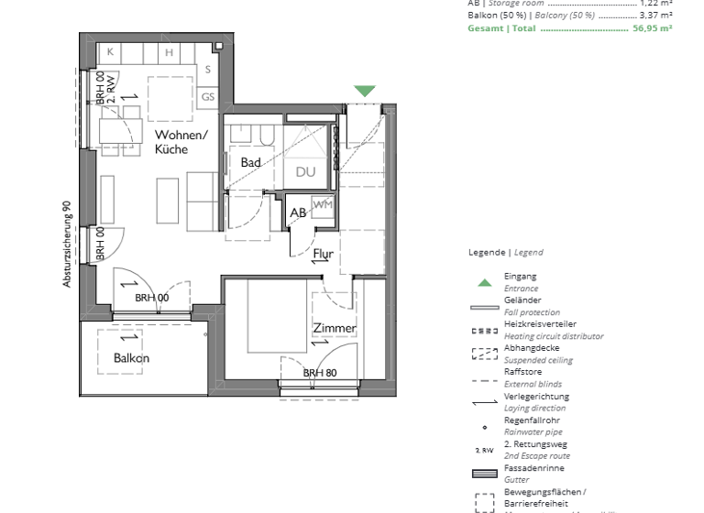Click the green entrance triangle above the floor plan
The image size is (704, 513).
point(365,91)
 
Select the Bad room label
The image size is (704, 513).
point(250,162)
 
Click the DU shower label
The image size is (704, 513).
point(304,171)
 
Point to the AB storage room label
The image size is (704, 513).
point(298,213)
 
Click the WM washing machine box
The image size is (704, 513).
point(322,204)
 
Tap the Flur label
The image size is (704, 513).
point(323,253)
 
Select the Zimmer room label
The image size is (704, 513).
point(334,328)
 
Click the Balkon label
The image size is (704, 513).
point(131,358)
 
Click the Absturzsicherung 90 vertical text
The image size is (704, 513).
point(67,245)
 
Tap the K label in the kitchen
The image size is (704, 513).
point(110,52)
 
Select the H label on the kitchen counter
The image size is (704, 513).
point(170,52)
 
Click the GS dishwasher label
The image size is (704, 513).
point(208,96)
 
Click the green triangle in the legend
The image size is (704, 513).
point(483,282)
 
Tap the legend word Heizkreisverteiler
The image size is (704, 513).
point(540,324)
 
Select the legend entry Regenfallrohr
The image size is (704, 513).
point(533,420)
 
